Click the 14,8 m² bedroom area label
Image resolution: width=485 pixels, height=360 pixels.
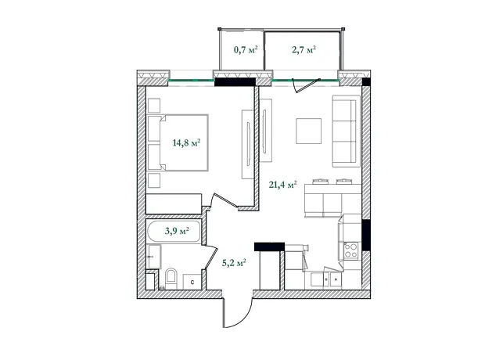pyautogui.click(x=186, y=142)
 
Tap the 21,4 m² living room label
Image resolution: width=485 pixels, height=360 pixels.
pyautogui.click(x=283, y=185)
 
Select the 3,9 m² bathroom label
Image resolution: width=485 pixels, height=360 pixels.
pyautogui.click(x=177, y=231)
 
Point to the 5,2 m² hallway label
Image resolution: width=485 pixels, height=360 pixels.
pyautogui.click(x=234, y=263)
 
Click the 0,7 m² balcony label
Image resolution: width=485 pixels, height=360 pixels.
pyautogui.click(x=246, y=49)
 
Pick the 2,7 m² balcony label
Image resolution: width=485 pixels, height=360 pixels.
pyautogui.click(x=304, y=49)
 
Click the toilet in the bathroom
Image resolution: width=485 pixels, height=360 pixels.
pyautogui.click(x=171, y=279)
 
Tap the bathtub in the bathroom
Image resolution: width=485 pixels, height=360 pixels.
pyautogui.click(x=174, y=231)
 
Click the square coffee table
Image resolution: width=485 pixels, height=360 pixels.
pyautogui.click(x=308, y=131)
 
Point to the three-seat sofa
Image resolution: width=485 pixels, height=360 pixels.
pyautogui.click(x=347, y=131)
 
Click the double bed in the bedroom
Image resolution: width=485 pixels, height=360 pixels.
pyautogui.click(x=178, y=142)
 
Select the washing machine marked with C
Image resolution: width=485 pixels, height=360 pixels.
pyautogui.click(x=192, y=282)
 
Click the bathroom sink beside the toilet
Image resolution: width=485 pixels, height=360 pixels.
pyautogui.click(x=155, y=256)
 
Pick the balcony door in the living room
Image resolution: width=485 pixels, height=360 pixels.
pyautogui.click(x=306, y=86)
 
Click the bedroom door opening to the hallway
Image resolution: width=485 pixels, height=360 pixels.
pyautogui.click(x=225, y=200)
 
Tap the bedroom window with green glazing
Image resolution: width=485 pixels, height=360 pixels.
pyautogui.click(x=192, y=80)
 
